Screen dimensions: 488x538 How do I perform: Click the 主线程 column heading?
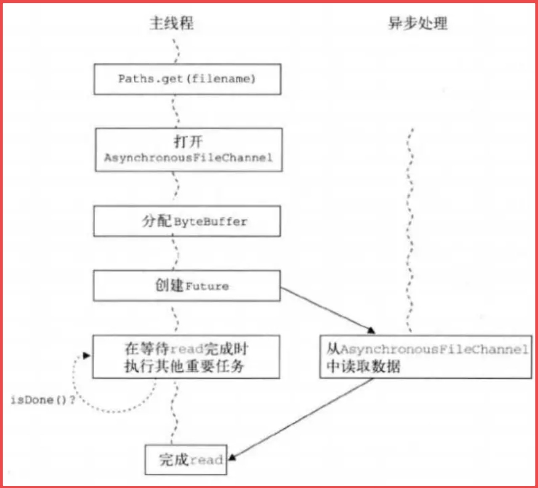(x=171, y=23)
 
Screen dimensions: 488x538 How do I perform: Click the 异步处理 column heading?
(x=418, y=23)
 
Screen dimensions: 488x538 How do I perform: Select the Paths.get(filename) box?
(x=187, y=79)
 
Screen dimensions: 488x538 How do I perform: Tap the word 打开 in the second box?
(x=188, y=141)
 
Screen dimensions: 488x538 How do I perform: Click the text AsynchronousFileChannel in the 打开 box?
(x=188, y=158)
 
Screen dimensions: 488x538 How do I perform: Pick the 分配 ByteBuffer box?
(x=187, y=221)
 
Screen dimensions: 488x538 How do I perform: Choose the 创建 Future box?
(x=186, y=286)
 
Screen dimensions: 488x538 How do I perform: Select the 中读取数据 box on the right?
(x=425, y=357)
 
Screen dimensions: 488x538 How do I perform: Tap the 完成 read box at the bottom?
(x=186, y=459)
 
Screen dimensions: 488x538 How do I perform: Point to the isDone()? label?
(x=43, y=400)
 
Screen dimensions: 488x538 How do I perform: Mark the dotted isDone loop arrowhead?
(x=86, y=356)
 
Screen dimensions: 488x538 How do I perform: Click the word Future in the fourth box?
(x=207, y=286)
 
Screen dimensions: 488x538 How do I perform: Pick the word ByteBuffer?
(x=210, y=222)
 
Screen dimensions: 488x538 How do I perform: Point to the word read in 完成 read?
(x=206, y=460)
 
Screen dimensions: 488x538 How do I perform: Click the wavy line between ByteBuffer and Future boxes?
(x=175, y=253)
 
